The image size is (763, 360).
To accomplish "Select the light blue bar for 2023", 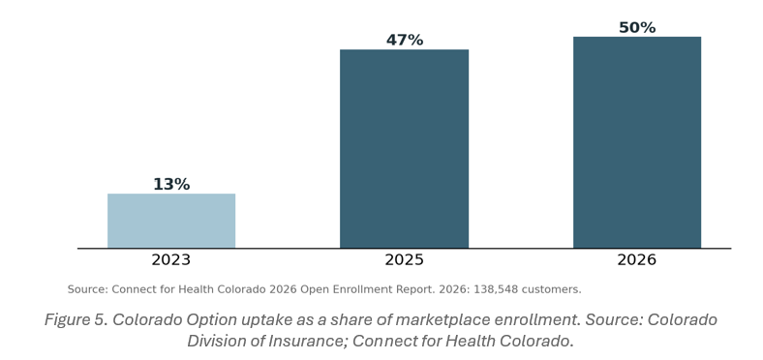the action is pos(171,221).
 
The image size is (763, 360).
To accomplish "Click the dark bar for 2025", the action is pos(404,149).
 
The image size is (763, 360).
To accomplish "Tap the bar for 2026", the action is pos(637,142).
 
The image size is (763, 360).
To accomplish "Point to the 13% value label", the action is pos(171,185).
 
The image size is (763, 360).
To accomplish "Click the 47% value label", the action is pos(405,41).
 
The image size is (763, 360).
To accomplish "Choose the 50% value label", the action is pos(637,28).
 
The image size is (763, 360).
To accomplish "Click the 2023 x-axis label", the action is pos(170,259).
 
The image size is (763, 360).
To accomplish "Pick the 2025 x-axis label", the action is pos(404,259).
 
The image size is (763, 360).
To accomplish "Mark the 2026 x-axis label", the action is pos(636,259).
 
